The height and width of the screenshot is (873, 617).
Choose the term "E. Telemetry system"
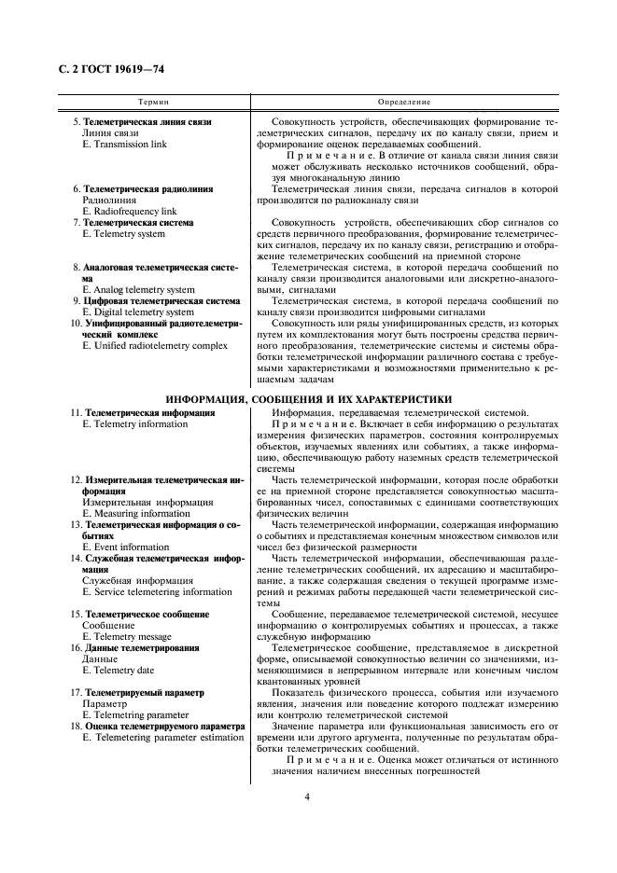(x=123, y=234)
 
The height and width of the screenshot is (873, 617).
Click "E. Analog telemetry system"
(x=138, y=289)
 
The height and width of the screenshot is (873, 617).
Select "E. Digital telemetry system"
(x=137, y=312)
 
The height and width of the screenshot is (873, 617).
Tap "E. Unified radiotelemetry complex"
(x=154, y=345)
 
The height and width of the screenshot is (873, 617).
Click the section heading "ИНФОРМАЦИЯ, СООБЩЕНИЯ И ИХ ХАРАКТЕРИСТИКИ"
(x=308, y=397)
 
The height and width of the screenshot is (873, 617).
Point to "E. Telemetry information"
(x=134, y=423)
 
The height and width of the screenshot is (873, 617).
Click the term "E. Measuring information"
(x=136, y=513)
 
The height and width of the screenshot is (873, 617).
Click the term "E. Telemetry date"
(x=120, y=670)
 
